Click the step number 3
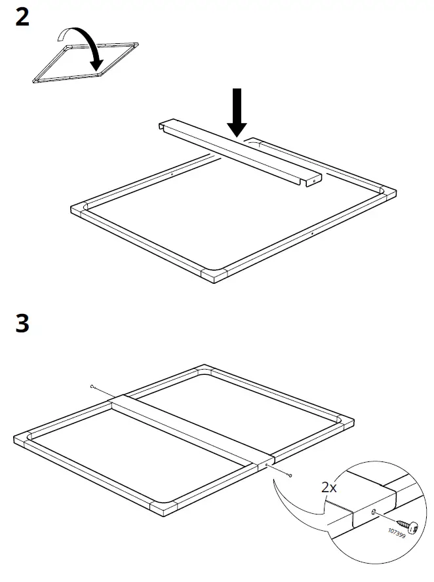click(22, 324)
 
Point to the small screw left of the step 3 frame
click(94, 387)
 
